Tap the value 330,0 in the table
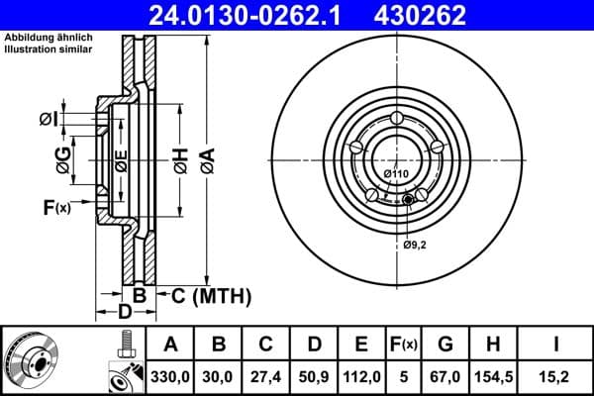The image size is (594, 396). (170, 375)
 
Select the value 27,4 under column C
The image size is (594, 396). (266, 375)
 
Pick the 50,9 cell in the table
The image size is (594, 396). (314, 375)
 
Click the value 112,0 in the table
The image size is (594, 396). (361, 375)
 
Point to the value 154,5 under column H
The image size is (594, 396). (493, 375)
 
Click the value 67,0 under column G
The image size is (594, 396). (446, 375)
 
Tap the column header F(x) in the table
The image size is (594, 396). (404, 345)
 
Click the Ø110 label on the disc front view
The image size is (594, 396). (396, 174)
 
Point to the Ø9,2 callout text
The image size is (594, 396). (416, 244)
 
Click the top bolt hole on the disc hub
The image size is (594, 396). (396, 120)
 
